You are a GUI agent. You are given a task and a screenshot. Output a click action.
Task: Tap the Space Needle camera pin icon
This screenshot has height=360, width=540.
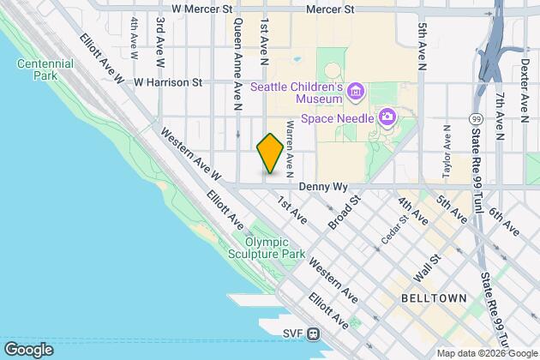tap(387, 116)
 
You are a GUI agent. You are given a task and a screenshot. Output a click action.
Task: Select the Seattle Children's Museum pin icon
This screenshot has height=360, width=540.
tap(356, 90)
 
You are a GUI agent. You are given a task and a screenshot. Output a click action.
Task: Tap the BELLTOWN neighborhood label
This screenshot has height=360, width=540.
tap(433, 297)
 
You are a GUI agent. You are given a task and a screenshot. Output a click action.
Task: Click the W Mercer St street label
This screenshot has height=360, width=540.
tap(202, 9)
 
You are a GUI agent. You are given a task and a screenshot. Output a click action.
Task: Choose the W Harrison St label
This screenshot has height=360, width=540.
tap(167, 83)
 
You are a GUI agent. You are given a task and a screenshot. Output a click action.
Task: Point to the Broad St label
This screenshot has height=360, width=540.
tap(345, 211)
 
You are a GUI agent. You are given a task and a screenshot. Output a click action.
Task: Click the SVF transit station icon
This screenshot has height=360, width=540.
tap(315, 333)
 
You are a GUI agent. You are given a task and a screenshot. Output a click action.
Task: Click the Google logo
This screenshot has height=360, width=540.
tap(28, 349)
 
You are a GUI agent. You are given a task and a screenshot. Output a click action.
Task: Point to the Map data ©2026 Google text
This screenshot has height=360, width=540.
tap(486, 353)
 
